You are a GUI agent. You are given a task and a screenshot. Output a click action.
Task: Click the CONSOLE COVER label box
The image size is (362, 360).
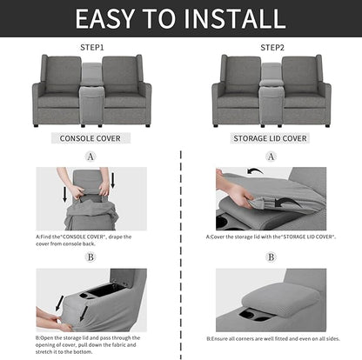point(90,137)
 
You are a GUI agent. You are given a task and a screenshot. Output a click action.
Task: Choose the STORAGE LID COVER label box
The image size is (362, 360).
point(270,137)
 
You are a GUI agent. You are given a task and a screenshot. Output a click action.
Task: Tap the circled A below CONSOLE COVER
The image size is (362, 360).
point(90,157)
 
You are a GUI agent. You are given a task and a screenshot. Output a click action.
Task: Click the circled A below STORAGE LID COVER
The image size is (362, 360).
point(271,157)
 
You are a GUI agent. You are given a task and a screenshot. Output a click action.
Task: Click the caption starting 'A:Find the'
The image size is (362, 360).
point(90,240)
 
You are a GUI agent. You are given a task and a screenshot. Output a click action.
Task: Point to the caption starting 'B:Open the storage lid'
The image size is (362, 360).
point(90,344)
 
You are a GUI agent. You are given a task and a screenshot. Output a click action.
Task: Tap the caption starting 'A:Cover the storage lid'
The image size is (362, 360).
point(271,236)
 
